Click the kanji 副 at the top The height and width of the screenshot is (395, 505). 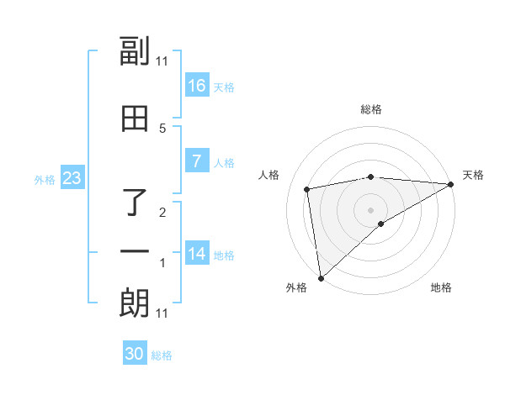coord(135,52)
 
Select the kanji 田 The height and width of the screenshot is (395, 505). coord(135,119)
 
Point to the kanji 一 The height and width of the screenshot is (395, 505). coord(135,251)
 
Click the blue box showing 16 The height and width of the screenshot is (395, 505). coord(197,85)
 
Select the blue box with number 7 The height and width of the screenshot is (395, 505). coord(197,161)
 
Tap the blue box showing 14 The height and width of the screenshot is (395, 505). coord(197,254)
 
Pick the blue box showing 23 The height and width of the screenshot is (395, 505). coord(72,178)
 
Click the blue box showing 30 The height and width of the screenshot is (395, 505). coord(135,354)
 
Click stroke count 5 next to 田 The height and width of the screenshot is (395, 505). coord(162,128)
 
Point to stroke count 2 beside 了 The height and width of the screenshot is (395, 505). coord(162,213)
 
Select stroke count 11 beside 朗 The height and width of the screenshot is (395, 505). coord(162,313)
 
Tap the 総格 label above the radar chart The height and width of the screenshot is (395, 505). coord(371,109)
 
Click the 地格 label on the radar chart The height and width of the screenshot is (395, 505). coord(441,287)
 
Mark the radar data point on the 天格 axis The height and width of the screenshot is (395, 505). coord(451,185)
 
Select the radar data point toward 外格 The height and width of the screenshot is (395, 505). coord(321,277)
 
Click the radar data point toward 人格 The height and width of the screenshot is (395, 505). coord(307,189)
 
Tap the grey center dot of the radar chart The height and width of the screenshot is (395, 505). coord(371,209)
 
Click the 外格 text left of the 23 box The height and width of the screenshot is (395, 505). coord(45,179)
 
